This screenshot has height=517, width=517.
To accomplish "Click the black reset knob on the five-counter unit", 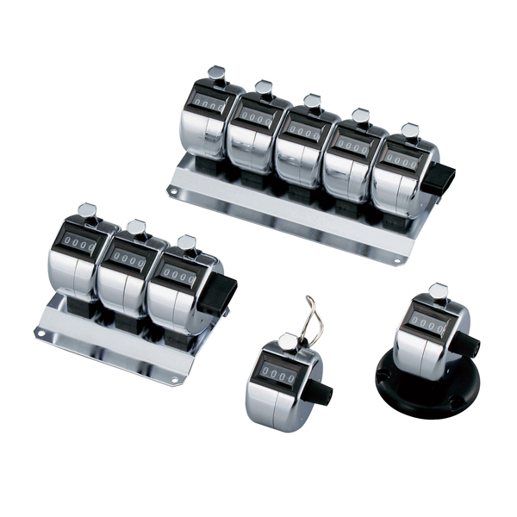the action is coord(439,178).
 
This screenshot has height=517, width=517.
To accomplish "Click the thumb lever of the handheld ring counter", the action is coord(288,340).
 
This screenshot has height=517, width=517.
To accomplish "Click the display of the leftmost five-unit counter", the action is coord(209,103).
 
